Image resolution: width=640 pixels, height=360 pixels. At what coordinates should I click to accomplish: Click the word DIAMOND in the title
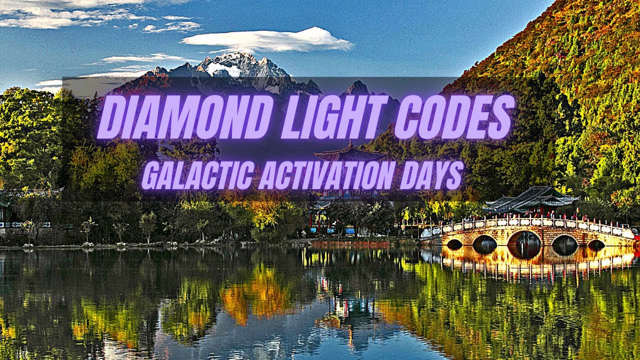point(185,117)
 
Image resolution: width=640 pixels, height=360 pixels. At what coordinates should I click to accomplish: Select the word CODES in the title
point(454,117)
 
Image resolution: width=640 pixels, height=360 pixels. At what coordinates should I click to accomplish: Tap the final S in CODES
point(501,117)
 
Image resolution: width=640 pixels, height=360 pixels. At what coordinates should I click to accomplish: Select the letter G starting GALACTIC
point(150,175)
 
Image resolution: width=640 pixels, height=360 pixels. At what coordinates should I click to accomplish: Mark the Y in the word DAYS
point(438,174)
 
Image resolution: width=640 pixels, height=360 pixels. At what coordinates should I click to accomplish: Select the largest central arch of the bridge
point(524,240)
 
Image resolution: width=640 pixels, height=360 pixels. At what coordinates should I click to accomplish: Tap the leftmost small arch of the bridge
point(454,244)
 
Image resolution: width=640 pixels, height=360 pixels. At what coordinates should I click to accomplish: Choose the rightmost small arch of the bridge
point(596,244)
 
